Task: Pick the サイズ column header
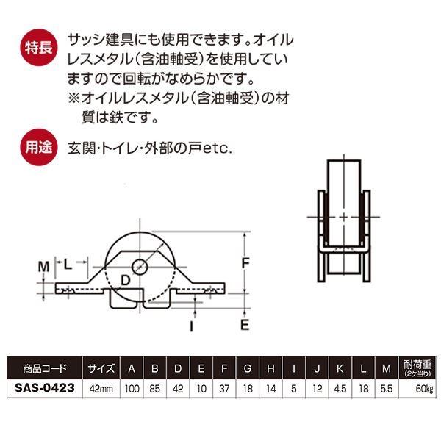[x=100, y=368]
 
